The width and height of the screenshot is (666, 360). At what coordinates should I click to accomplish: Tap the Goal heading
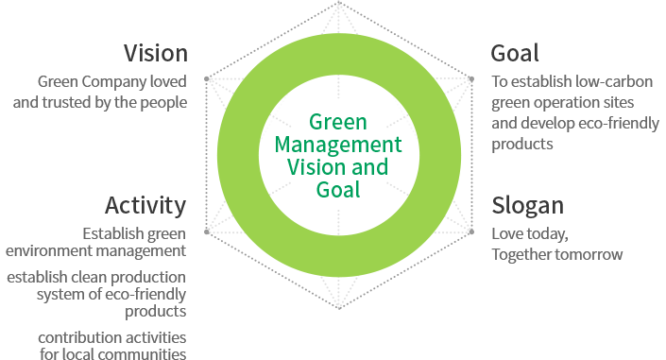click(x=515, y=53)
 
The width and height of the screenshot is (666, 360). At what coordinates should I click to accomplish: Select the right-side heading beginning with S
click(x=526, y=206)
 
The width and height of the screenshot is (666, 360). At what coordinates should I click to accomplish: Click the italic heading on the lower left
click(x=146, y=206)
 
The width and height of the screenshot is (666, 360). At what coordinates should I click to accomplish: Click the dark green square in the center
click(x=340, y=156)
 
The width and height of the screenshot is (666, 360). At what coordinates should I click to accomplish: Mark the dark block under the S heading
click(x=556, y=244)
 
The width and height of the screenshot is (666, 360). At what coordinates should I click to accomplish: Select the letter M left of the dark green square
click(x=281, y=146)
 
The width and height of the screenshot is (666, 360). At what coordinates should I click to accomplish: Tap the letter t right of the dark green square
click(x=398, y=146)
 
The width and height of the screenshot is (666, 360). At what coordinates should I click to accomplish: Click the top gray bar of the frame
click(x=338, y=15)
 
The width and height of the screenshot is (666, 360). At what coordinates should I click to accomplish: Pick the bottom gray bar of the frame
click(x=338, y=295)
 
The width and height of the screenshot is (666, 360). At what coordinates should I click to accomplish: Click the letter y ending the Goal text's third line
click(x=655, y=124)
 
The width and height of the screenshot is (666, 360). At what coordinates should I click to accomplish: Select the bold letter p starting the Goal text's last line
click(x=496, y=146)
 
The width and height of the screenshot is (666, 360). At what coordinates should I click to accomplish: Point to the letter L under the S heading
click(x=496, y=234)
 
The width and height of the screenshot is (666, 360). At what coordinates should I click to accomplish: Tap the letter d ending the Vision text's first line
click(x=182, y=80)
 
